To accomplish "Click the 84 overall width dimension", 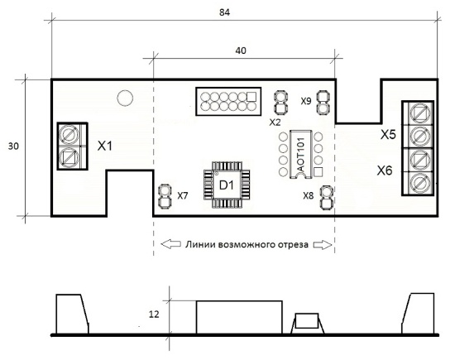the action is click(x=224, y=12).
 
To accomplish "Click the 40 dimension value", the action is click(x=241, y=50).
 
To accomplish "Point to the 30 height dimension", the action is click(x=13, y=146).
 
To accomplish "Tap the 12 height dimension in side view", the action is click(x=154, y=314).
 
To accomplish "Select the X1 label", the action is click(x=105, y=146).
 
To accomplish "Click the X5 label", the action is click(x=388, y=134).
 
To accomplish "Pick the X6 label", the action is click(x=385, y=170).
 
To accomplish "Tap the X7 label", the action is click(x=183, y=196).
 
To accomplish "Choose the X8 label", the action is click(x=309, y=196).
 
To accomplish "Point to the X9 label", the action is click(x=306, y=101).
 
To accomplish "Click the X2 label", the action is click(x=275, y=122).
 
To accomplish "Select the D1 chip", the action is click(x=227, y=185).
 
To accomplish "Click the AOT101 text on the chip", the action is click(x=301, y=155).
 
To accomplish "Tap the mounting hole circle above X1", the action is click(x=125, y=98).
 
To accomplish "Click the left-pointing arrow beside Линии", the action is click(x=171, y=244).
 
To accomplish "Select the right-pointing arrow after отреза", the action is click(x=323, y=245).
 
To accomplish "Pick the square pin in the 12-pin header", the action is click(x=251, y=97).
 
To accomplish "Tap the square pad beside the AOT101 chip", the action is click(x=318, y=172).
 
